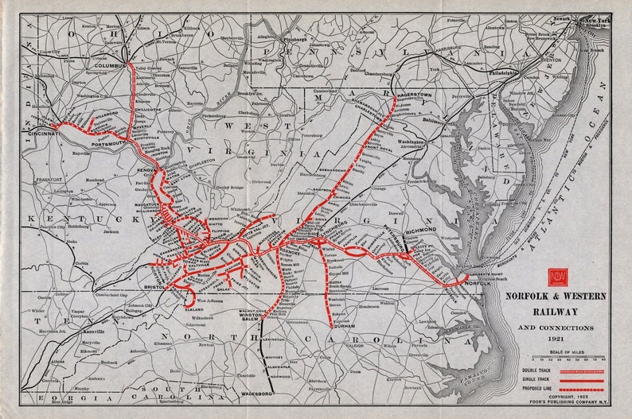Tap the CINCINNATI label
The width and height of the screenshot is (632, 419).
point(46,134)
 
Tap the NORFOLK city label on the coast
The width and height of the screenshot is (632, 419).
point(473,282)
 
